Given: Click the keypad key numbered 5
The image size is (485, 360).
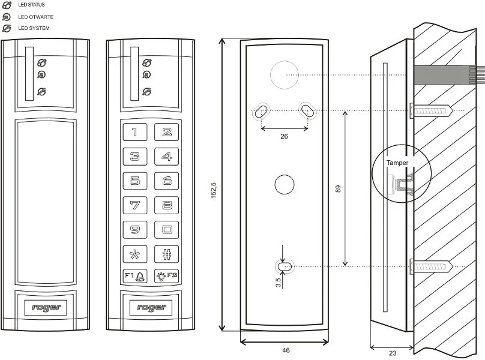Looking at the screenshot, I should (135, 181).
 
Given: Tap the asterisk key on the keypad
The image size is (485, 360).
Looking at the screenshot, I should (135, 253).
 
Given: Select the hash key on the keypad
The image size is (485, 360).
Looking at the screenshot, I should (167, 253).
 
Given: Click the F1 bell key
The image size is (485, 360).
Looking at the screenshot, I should (135, 276).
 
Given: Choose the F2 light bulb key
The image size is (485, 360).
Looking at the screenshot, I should (167, 276).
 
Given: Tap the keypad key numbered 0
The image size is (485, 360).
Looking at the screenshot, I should (167, 229).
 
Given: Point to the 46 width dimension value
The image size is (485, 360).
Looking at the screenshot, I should (285, 349).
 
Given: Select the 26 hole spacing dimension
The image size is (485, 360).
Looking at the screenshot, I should (285, 137).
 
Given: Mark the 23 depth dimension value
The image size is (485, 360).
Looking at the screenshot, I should (392, 353).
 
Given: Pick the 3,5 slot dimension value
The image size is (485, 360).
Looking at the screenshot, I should (279, 282).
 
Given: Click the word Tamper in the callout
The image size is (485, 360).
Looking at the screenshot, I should (397, 163).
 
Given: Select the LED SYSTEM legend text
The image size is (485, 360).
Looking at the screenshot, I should (34, 28).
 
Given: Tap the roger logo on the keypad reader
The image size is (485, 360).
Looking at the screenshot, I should (151, 307).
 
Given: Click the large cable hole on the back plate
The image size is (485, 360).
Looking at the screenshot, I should (283, 75).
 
